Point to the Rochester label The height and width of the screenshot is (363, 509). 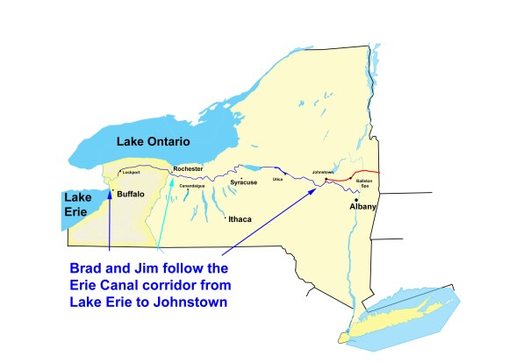[188, 168]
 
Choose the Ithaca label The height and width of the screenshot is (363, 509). [241, 219]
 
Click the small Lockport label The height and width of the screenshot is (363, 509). [132, 173]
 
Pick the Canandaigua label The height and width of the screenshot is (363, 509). [190, 186]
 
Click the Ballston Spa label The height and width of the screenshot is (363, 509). [366, 183]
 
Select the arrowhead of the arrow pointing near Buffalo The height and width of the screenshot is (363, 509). [109, 187]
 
